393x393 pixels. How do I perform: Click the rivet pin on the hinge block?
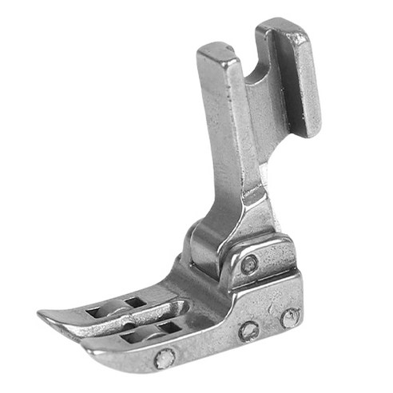(252, 263)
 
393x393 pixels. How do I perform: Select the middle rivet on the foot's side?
(248, 330)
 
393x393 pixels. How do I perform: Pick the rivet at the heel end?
(288, 319)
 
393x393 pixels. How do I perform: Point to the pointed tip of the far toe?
(42, 313)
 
